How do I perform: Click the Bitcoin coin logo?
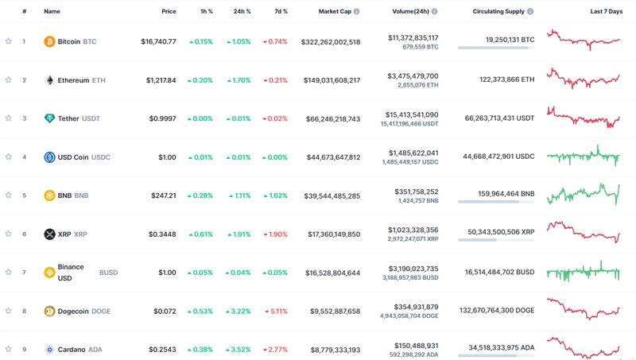(x=49, y=41)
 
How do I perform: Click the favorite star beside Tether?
(x=9, y=118)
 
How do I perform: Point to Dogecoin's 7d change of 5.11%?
(x=275, y=311)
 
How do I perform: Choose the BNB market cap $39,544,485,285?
(x=333, y=195)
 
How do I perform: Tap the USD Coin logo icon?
(x=49, y=157)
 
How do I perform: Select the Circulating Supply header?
(x=498, y=12)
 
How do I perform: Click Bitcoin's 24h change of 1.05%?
(x=238, y=41)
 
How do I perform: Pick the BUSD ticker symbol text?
(x=108, y=273)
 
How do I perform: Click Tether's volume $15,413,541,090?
(x=413, y=114)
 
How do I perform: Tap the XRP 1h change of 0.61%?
(x=201, y=234)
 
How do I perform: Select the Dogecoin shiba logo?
(x=49, y=311)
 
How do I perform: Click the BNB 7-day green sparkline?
(x=583, y=194)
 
